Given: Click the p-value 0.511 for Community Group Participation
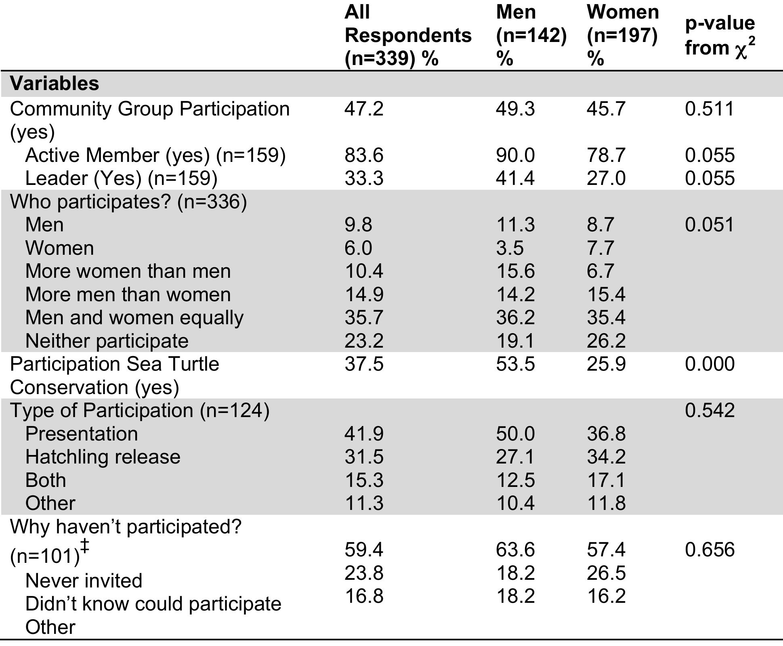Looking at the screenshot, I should (x=709, y=109).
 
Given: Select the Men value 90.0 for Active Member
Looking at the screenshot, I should (x=515, y=155).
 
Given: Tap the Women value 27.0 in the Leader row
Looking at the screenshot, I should (x=606, y=178).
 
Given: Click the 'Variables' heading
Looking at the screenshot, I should (x=55, y=84).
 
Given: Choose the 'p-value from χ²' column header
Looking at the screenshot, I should (x=720, y=36).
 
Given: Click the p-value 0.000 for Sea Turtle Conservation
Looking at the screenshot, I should (x=710, y=364).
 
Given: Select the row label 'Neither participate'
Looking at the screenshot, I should (x=107, y=341).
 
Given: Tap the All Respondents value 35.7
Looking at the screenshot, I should (x=363, y=317).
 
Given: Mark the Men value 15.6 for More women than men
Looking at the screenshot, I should (x=515, y=271).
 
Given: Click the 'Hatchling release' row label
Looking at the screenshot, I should (x=103, y=457).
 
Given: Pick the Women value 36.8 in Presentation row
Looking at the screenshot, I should (x=606, y=434).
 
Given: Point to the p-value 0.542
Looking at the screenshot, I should (x=710, y=410).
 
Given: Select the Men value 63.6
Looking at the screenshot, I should (x=515, y=550).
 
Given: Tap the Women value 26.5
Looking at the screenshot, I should (x=606, y=573).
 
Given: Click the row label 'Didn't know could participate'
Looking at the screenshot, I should (x=153, y=604).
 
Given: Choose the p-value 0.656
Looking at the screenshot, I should (x=710, y=550).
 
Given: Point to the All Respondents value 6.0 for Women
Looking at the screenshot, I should (x=358, y=248).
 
